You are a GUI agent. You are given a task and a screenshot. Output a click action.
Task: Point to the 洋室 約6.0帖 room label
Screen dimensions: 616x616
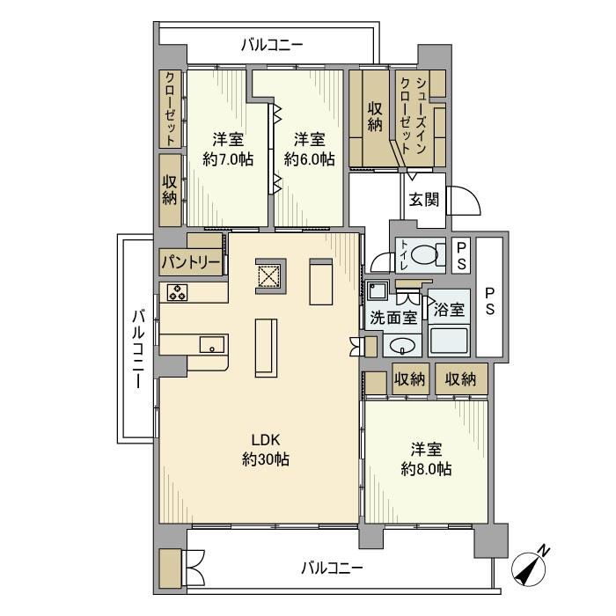click(x=308, y=149)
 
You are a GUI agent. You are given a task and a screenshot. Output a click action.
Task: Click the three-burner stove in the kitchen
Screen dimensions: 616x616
click(x=178, y=293)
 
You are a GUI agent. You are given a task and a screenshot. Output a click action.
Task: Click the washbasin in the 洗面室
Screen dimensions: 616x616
click(x=402, y=345)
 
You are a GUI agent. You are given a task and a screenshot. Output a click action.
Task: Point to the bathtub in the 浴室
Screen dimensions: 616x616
click(x=450, y=341)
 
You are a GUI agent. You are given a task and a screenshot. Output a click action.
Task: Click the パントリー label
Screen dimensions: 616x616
click(x=189, y=262)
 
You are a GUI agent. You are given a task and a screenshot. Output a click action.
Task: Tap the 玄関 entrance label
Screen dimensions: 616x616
click(x=422, y=199)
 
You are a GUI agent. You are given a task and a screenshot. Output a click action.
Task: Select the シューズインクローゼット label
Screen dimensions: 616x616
click(x=414, y=113)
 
